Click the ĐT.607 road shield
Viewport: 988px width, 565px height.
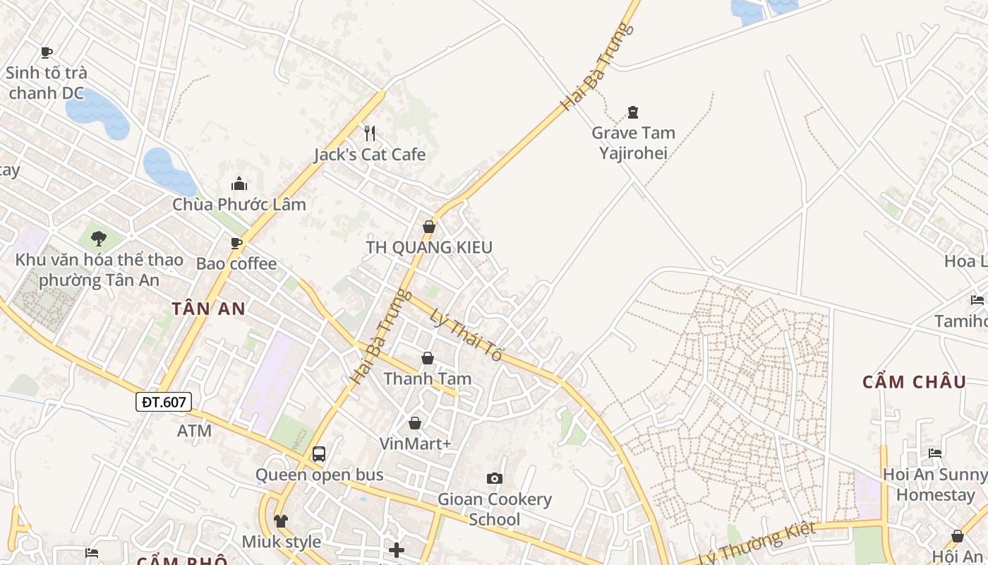(163, 403)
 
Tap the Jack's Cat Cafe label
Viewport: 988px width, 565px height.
(370, 155)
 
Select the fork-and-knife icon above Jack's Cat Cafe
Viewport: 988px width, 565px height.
(369, 133)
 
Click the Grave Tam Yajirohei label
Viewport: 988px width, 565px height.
(633, 143)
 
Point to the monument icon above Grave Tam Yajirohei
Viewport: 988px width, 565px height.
(633, 112)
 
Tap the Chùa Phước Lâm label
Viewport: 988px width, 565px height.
(239, 205)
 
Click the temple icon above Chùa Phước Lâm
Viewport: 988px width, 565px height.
(239, 184)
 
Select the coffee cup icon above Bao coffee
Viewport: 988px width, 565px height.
(236, 244)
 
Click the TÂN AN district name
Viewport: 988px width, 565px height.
(209, 309)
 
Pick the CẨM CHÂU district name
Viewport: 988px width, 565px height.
(914, 382)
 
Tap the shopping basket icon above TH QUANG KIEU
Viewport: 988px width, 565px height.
(428, 227)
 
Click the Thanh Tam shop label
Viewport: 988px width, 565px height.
(427, 379)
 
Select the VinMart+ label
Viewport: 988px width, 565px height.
(415, 444)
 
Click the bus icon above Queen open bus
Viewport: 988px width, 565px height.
(319, 453)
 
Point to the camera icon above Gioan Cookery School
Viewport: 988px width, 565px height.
(495, 478)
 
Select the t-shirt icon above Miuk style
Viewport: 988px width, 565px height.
(281, 521)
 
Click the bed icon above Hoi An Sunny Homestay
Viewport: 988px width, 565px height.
(935, 453)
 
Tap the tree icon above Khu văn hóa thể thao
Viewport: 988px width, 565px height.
(99, 238)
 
